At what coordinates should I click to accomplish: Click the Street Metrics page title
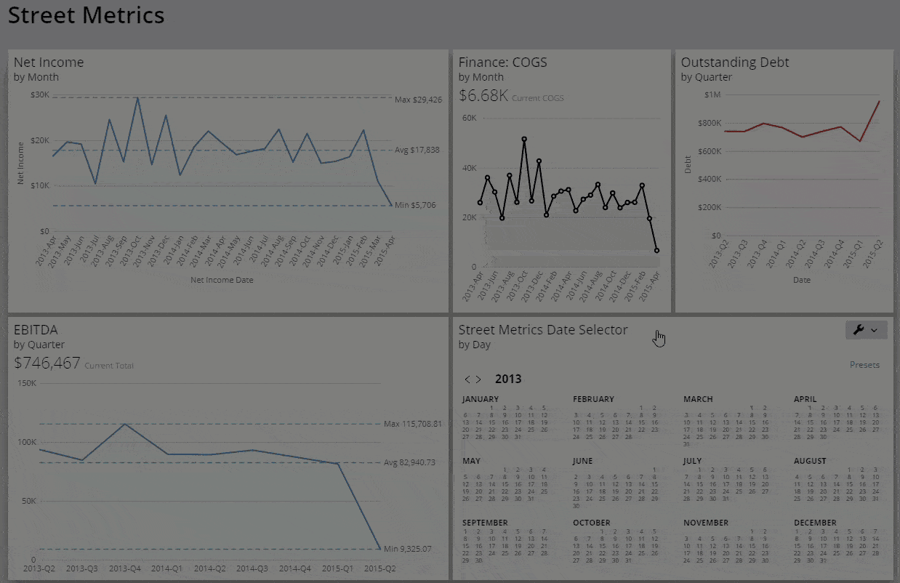pos(86,15)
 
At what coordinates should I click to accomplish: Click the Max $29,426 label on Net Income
pos(418,100)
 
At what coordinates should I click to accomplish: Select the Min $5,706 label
pos(415,206)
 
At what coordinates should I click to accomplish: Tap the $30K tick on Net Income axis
pos(39,95)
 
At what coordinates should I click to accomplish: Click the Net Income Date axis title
pos(222,279)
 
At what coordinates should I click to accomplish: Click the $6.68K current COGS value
pos(483,96)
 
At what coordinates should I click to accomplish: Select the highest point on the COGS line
pos(524,139)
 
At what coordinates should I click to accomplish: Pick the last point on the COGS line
pos(656,250)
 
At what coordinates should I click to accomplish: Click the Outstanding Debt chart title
pos(734,63)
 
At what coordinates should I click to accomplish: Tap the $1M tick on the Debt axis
pos(712,95)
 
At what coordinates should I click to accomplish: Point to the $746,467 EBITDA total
pos(47,363)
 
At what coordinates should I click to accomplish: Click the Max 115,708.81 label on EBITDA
pos(413,424)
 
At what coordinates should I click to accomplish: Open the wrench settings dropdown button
pos(866,330)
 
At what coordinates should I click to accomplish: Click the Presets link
pos(864,365)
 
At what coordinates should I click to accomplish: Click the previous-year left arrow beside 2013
pos(468,379)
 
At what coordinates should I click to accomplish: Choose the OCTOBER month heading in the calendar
pos(591,523)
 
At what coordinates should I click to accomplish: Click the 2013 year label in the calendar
pos(508,379)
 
